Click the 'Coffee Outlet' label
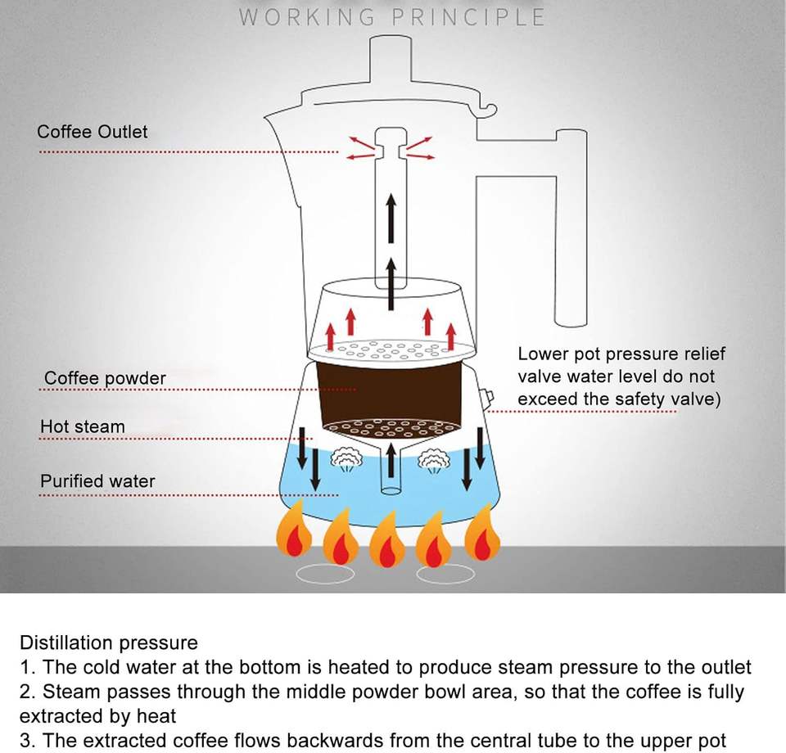pyautogui.click(x=93, y=132)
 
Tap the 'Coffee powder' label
pyautogui.click(x=105, y=378)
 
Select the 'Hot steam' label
pyautogui.click(x=83, y=426)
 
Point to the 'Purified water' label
pyautogui.click(x=97, y=480)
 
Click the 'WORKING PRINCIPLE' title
pyautogui.click(x=392, y=17)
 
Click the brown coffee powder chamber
pyautogui.click(x=390, y=393)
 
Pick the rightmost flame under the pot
pyautogui.click(x=482, y=534)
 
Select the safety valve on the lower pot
pyautogui.click(x=489, y=399)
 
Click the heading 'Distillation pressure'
pyautogui.click(x=109, y=643)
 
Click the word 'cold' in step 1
pyautogui.click(x=108, y=667)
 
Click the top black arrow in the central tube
pyautogui.click(x=391, y=217)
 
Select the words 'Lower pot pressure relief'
pyautogui.click(x=621, y=354)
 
